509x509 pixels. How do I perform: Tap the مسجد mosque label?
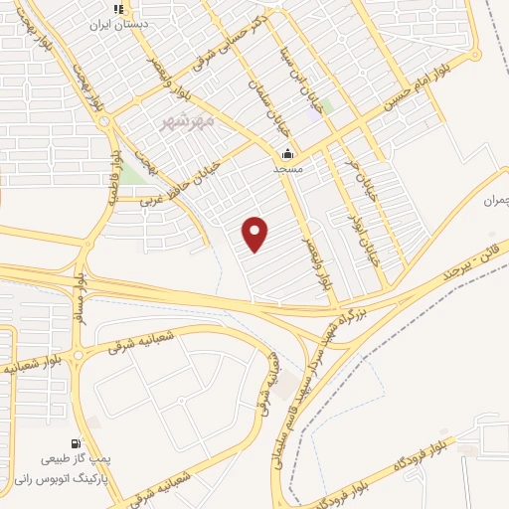pyautogui.click(x=288, y=169)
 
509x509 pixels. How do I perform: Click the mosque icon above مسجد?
pyautogui.click(x=288, y=154)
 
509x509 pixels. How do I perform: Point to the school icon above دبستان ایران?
pyautogui.click(x=119, y=8)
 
